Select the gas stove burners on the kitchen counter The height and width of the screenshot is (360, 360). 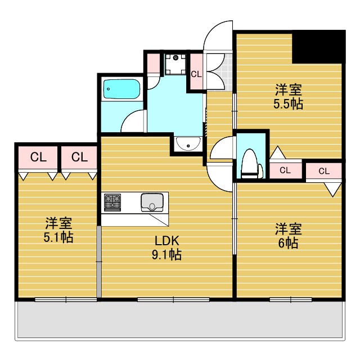pos(112,201)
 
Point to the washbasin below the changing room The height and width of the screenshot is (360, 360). pos(187,144)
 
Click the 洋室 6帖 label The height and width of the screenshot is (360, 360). pos(289,236)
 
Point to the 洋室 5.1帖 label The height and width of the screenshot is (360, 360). pos(58,230)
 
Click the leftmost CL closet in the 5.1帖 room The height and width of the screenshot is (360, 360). pos(38,157)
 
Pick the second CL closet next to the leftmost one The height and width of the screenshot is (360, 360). pos(79,157)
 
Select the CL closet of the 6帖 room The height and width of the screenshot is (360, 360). pos(324,171)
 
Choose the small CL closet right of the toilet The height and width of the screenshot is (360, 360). pos(285,170)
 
